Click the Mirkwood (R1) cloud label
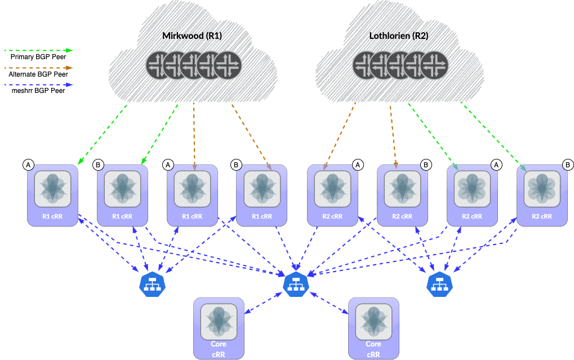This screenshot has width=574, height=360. click(192, 35)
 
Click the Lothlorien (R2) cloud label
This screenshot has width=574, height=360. click(398, 35)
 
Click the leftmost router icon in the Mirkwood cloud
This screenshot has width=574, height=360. click(160, 65)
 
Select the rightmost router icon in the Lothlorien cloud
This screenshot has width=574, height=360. click(434, 65)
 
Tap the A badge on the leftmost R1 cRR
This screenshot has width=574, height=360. click(29, 165)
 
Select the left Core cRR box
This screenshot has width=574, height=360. click(219, 328)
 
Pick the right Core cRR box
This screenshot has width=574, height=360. click(374, 328)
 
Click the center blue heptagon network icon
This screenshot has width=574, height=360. click(296, 285)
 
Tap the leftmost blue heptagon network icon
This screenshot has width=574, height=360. click(152, 285)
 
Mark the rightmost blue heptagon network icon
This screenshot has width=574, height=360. click(439, 285)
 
